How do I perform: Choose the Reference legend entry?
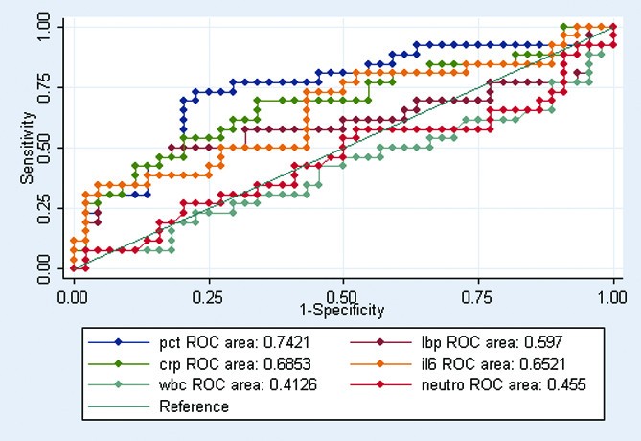click(x=193, y=406)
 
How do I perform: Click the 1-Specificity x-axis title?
click(x=342, y=310)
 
